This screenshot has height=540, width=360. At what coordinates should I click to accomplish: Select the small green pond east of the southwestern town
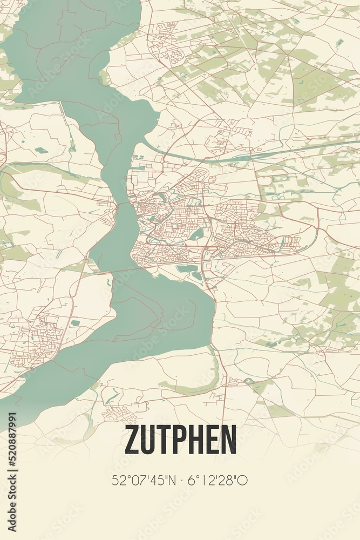[75, 323]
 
